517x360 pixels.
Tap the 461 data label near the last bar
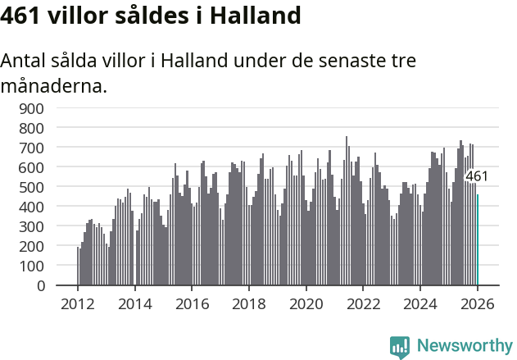click(477, 176)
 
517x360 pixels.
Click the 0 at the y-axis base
click(39, 285)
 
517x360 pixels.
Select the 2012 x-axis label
click(78, 304)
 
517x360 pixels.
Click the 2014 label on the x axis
click(135, 304)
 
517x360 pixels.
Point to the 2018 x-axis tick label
click(249, 304)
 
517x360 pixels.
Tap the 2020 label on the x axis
click(306, 304)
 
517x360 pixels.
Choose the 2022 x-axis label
click(363, 304)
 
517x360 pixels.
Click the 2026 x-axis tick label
click(477, 304)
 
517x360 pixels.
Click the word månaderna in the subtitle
click(54, 85)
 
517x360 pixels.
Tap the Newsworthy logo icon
click(400, 347)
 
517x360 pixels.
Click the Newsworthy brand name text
click(464, 346)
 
